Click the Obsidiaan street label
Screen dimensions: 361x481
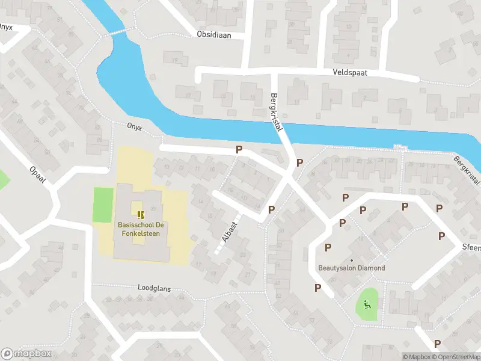(213, 34)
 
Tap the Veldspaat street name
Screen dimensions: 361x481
(350, 72)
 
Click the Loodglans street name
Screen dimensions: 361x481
(154, 289)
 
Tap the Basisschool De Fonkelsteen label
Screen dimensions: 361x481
(139, 229)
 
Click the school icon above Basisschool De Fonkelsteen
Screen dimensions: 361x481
(141, 215)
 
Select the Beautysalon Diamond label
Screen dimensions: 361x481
(352, 268)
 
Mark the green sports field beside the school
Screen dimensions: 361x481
(103, 205)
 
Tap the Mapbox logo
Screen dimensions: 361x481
(26, 353)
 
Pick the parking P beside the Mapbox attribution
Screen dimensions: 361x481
(437, 344)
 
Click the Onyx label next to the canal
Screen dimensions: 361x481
(134, 126)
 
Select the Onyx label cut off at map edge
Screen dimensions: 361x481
(6, 27)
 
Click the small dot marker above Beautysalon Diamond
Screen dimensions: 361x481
(352, 260)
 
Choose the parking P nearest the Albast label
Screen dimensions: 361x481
(272, 209)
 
